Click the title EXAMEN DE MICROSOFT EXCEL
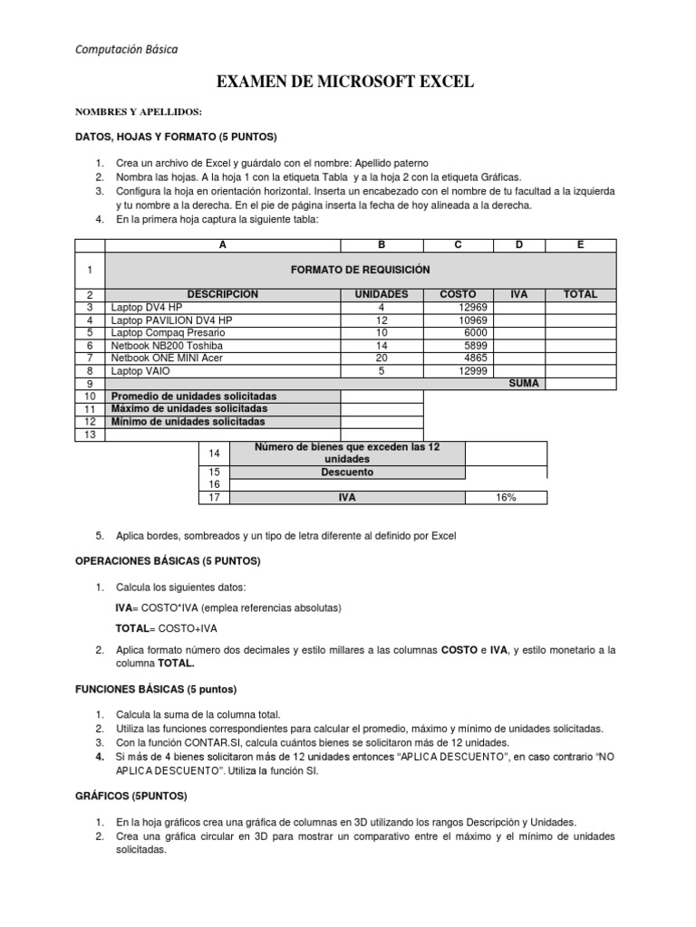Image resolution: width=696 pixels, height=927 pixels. pyautogui.click(x=345, y=83)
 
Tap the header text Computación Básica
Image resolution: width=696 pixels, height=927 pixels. pyautogui.click(x=126, y=50)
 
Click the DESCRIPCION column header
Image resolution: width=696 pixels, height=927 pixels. pyautogui.click(x=223, y=294)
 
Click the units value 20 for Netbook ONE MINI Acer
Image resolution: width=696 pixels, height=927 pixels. pyautogui.click(x=382, y=358)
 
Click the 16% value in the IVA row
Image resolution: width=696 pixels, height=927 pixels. pyautogui.click(x=506, y=498)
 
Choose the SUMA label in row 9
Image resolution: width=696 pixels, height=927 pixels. pyautogui.click(x=524, y=383)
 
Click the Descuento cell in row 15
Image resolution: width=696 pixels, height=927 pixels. pyautogui.click(x=347, y=472)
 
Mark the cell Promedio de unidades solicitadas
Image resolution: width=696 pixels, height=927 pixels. pyautogui.click(x=194, y=397)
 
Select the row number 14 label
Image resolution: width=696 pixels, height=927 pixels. pyautogui.click(x=214, y=453)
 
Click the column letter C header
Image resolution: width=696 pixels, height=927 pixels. pyautogui.click(x=459, y=244)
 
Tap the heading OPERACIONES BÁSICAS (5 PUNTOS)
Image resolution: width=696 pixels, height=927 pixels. pyautogui.click(x=167, y=561)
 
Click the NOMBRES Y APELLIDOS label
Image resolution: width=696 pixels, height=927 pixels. pyautogui.click(x=138, y=112)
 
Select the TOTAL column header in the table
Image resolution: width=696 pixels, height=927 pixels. pyautogui.click(x=580, y=294)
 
